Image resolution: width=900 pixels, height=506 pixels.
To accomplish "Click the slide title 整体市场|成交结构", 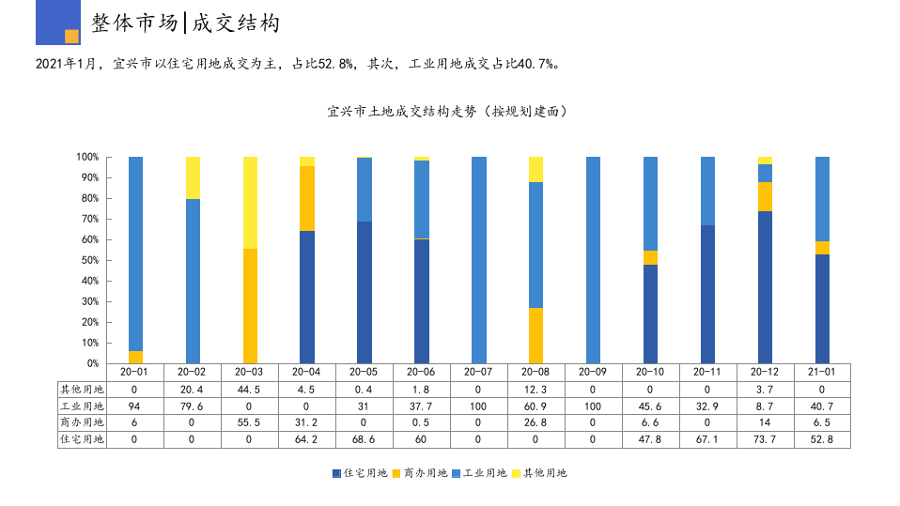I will click(x=185, y=23).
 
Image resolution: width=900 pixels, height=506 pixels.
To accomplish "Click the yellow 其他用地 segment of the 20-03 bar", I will click(x=250, y=202).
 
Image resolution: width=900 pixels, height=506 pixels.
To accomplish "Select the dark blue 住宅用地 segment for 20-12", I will click(x=765, y=286).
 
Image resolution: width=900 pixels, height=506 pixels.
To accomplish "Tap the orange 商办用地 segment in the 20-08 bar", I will click(x=536, y=335).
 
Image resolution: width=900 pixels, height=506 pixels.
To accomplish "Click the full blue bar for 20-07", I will click(x=479, y=260).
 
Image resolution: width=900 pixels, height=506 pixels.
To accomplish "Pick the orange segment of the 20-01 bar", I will click(x=135, y=357).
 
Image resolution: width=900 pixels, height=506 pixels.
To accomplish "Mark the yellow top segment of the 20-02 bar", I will click(x=193, y=177).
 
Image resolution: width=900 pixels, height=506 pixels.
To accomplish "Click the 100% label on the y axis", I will click(x=87, y=157).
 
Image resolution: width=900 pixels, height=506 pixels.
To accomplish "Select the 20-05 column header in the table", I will click(x=365, y=372).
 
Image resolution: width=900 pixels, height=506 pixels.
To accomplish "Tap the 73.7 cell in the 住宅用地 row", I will click(x=765, y=439).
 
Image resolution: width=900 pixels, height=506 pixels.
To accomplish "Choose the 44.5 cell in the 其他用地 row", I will click(x=250, y=389).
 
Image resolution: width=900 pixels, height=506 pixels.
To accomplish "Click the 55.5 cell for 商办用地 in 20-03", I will click(x=250, y=422).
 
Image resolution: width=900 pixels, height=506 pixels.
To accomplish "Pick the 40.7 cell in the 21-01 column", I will click(x=822, y=406).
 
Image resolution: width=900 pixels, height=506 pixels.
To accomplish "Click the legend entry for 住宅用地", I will click(x=361, y=473).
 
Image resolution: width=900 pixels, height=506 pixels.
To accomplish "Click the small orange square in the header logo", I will click(x=71, y=37).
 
